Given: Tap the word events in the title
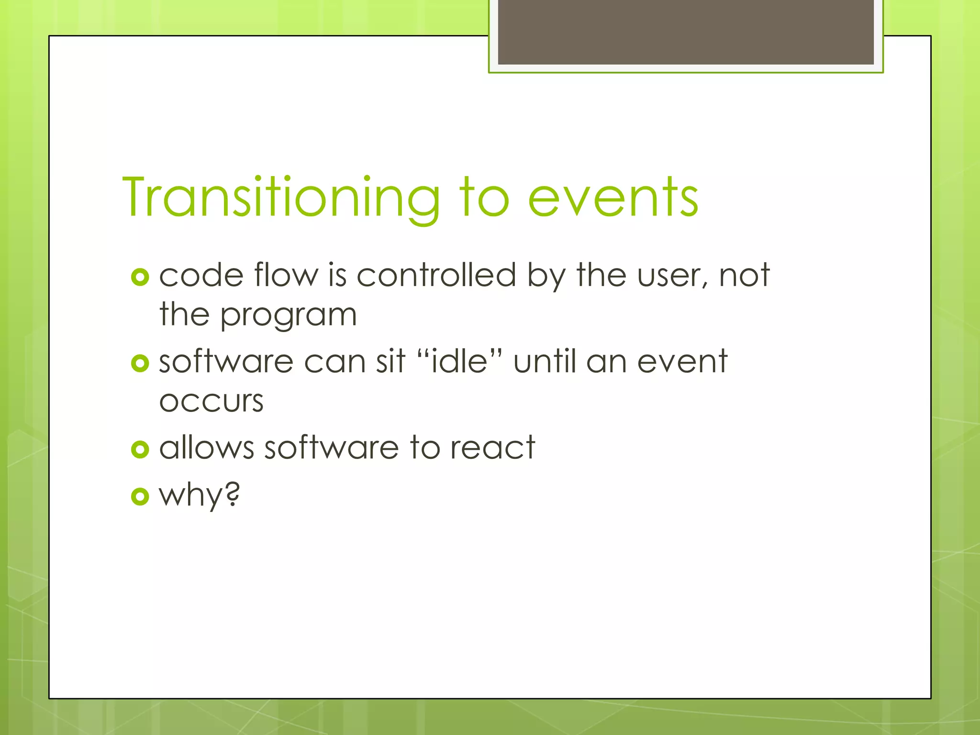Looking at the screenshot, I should pyautogui.click(x=613, y=197).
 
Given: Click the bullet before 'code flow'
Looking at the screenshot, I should pyautogui.click(x=140, y=277).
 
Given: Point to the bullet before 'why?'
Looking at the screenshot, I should pyautogui.click(x=140, y=496).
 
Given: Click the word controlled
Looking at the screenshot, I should pyautogui.click(x=436, y=275).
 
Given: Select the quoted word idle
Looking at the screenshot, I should pyautogui.click(x=459, y=361).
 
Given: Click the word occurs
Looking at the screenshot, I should pyautogui.click(x=211, y=401).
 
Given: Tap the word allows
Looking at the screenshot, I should pyautogui.click(x=206, y=448).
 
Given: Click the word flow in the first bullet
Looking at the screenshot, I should pyautogui.click(x=286, y=275).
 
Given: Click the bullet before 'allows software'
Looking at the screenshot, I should pyautogui.click(x=140, y=449).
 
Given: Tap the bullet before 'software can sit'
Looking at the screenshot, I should pyautogui.click(x=140, y=363).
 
